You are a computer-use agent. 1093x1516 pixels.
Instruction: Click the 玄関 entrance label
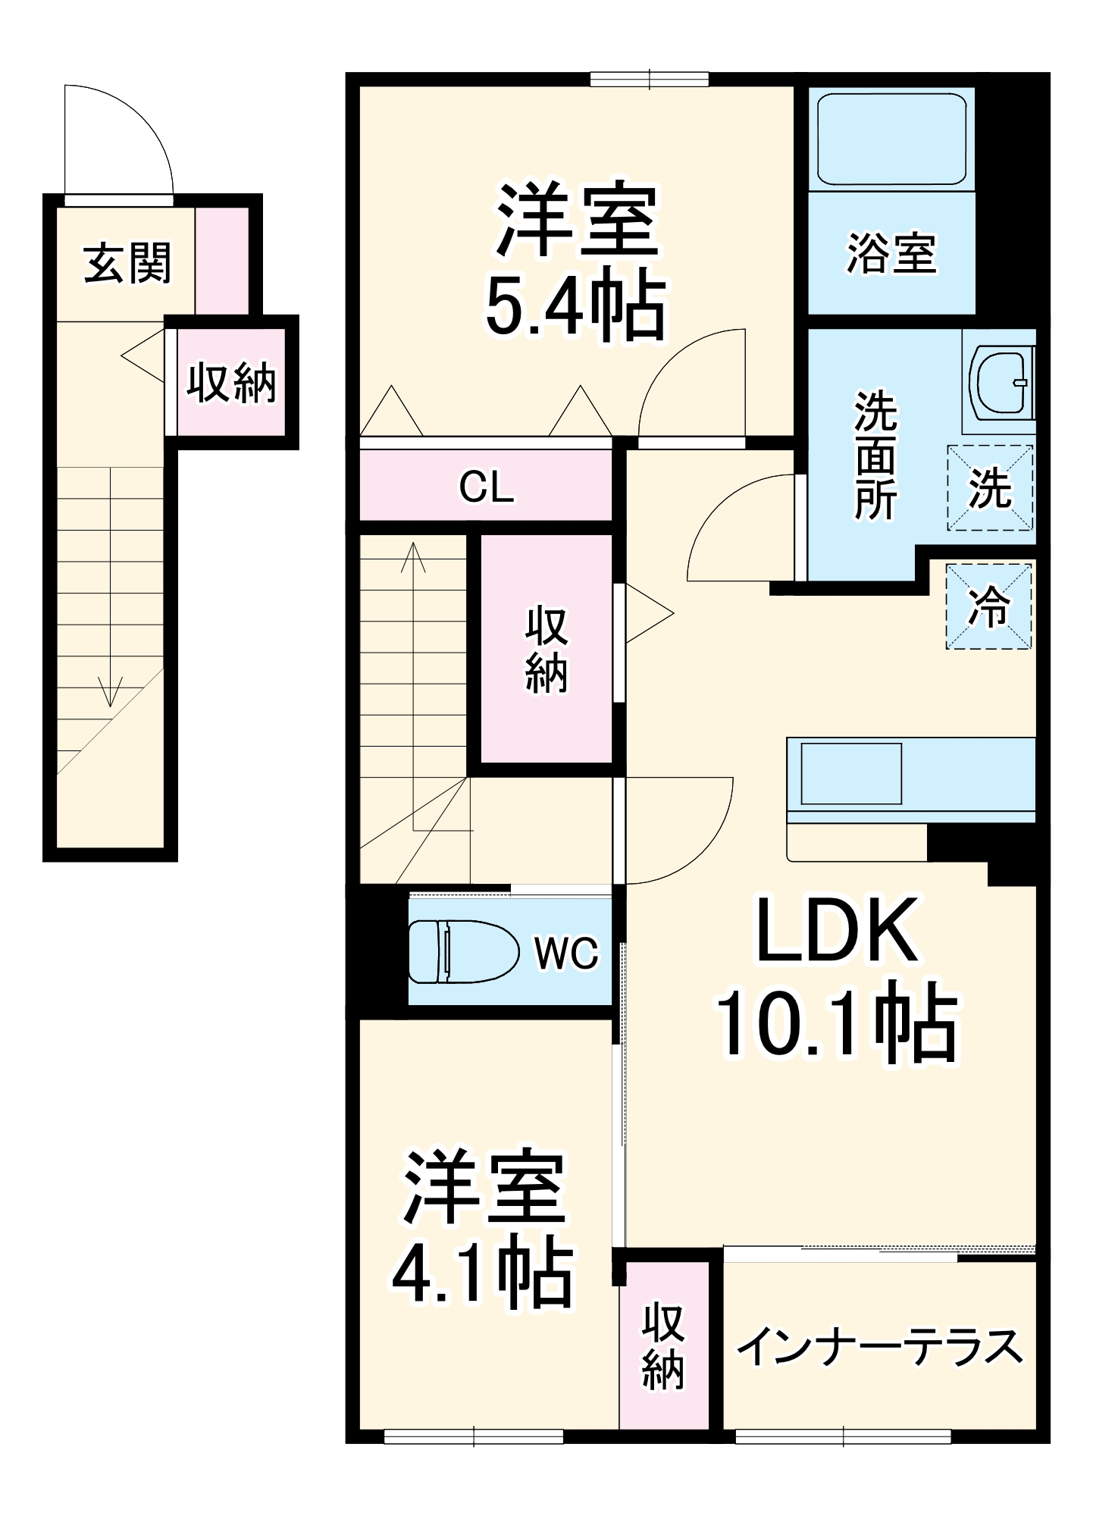[127, 263]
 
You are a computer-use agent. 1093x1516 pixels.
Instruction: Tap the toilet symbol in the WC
[462, 951]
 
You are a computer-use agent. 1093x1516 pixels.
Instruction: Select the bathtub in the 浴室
[891, 139]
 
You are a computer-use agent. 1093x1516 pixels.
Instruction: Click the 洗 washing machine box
[990, 487]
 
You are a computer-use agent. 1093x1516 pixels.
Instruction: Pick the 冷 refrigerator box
[989, 606]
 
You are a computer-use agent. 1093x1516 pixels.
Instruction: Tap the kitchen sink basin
[850, 773]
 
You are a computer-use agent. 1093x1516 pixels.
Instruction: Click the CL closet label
[486, 487]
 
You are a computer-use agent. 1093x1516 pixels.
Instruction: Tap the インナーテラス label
[879, 1345]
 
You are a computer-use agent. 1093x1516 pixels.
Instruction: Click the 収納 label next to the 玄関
[231, 382]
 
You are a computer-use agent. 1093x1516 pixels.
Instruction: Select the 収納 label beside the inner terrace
[663, 1346]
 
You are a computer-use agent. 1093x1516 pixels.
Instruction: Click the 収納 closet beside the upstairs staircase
[546, 649]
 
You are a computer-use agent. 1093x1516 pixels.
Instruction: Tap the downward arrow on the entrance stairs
[111, 691]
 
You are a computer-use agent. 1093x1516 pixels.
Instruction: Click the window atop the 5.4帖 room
[650, 79]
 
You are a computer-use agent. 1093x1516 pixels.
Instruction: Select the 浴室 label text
[891, 253]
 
